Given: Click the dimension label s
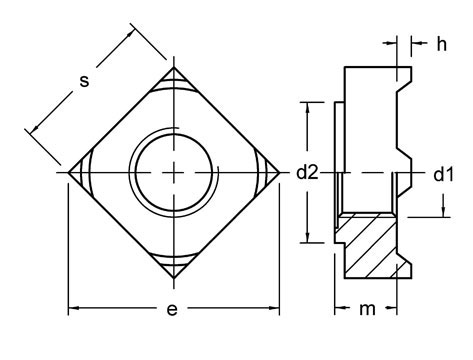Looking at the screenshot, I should coord(85,82).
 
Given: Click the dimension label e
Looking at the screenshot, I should coord(174,310).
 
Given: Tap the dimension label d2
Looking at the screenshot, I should coord(306,172).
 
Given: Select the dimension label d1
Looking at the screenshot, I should coord(443,172).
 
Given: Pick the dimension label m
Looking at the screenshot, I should coord(370,309).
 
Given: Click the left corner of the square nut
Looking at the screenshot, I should coord(67,172).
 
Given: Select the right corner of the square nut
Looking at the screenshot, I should coord(281,172).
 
